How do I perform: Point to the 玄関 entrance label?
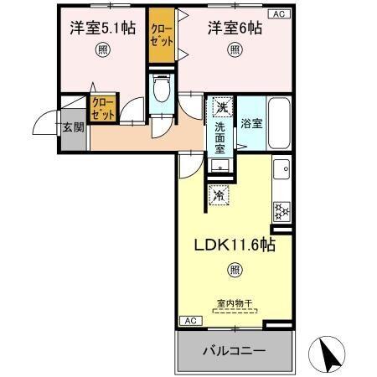73,128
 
